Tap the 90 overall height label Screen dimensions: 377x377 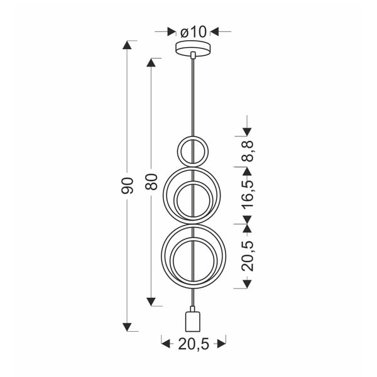tap(128, 185)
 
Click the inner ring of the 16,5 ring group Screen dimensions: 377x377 tap(192, 201)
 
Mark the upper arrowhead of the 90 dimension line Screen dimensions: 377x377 tap(128, 45)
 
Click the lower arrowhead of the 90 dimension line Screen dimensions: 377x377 tap(128, 327)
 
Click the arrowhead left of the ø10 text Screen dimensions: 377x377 tap(170, 30)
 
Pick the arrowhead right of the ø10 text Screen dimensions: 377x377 tap(215, 30)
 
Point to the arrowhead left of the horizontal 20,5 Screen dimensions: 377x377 tap(166, 343)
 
